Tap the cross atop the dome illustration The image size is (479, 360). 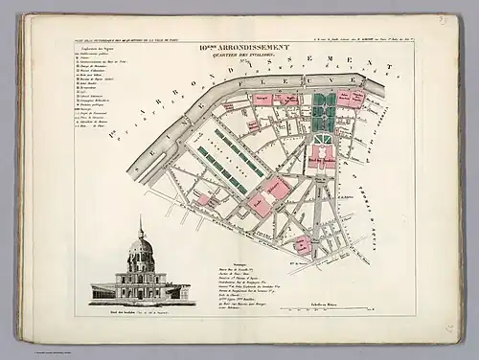point(141,222)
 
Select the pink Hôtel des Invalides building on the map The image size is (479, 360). point(324,164)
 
